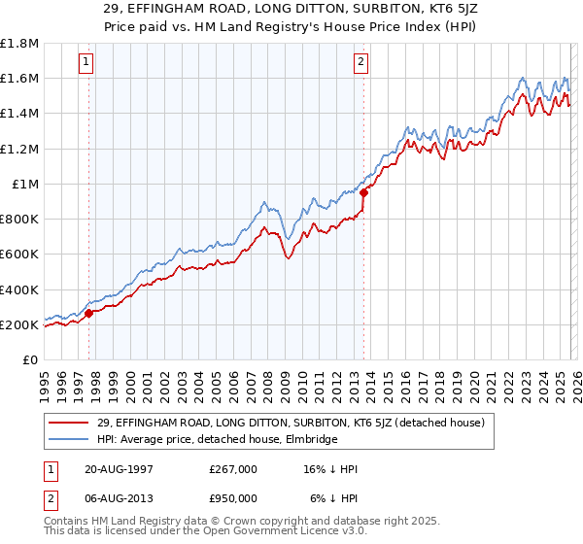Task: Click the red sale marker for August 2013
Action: click(x=362, y=192)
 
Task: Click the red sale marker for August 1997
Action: click(x=89, y=313)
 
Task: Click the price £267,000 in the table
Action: click(x=233, y=469)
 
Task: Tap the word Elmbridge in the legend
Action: click(x=309, y=439)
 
